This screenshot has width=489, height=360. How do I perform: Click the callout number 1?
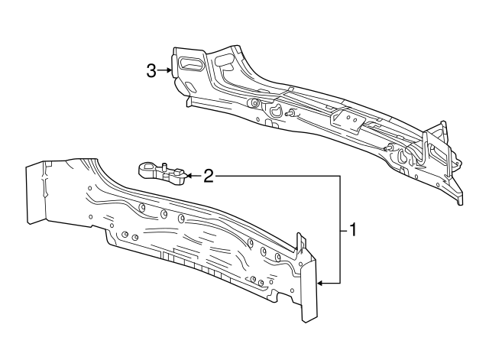point(352,229)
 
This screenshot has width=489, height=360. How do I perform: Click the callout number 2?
point(206,177)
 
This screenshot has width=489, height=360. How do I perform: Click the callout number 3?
point(151,71)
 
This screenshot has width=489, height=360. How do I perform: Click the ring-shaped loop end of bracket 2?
point(147,165)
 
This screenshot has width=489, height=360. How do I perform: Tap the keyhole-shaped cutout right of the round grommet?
point(275,112)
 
